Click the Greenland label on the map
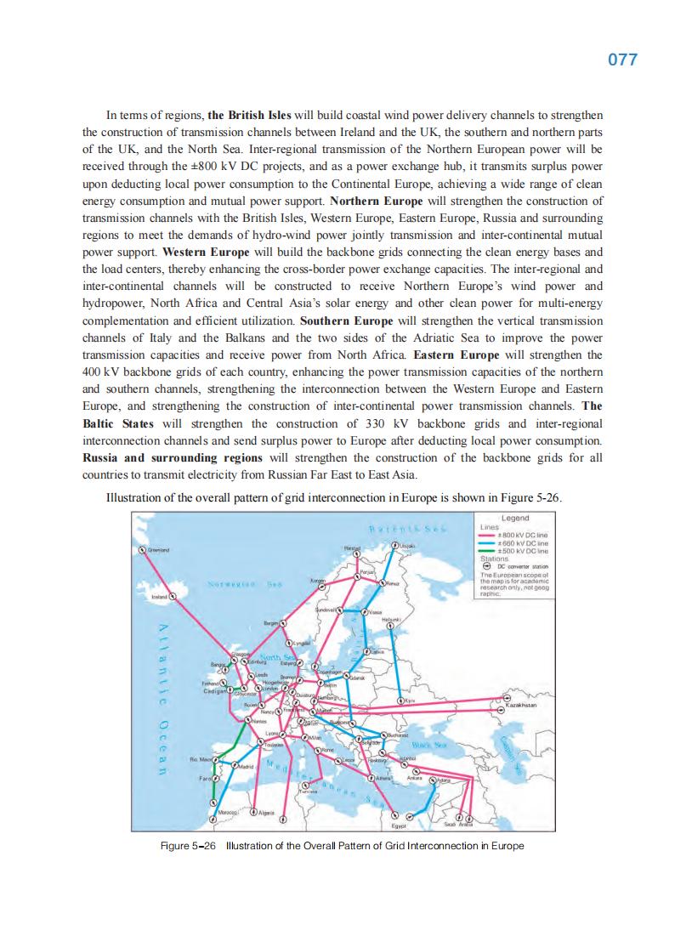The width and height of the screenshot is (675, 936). (x=159, y=551)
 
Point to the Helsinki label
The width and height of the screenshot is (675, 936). (x=381, y=620)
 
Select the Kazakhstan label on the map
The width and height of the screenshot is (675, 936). (x=519, y=706)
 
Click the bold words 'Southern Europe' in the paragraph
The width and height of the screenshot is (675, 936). (x=346, y=321)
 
